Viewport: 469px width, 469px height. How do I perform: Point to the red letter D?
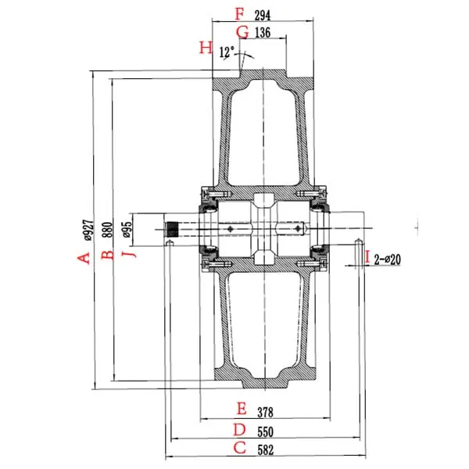[x=240, y=430]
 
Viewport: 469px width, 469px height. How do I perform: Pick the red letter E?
[x=241, y=409]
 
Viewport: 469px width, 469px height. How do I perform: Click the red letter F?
[x=240, y=13]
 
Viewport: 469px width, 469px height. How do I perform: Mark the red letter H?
[x=206, y=48]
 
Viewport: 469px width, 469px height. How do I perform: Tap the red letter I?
[x=367, y=256]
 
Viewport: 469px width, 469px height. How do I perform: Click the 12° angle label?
[x=227, y=52]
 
